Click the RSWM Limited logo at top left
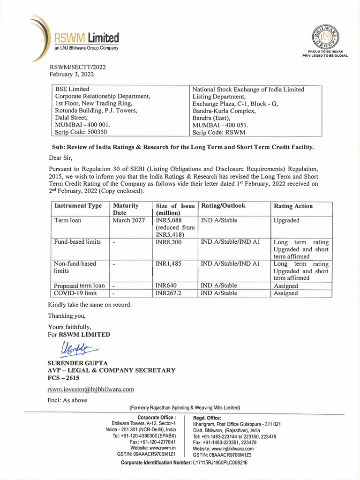[75, 39]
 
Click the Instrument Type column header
[78, 206]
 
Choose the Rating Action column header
[293, 206]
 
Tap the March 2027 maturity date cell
[129, 220]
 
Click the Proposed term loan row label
[79, 285]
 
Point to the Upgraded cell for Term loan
[286, 220]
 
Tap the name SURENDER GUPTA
[78, 363]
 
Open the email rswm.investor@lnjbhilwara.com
[91, 389]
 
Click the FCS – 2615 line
[63, 377]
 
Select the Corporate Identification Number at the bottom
[184, 462]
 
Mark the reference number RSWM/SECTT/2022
[77, 67]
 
